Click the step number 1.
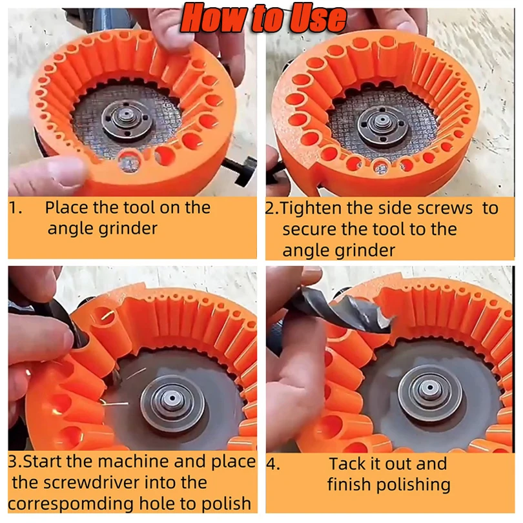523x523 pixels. point(15,209)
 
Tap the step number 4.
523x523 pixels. point(273,464)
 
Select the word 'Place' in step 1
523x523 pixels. point(68,208)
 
